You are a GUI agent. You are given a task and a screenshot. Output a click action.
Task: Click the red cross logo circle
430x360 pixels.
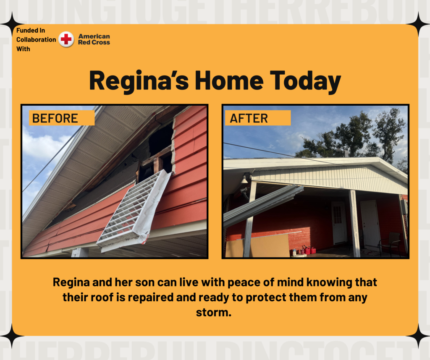66,39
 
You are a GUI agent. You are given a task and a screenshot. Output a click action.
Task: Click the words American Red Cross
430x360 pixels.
94,39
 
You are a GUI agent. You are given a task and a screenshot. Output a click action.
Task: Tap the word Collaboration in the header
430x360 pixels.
36,40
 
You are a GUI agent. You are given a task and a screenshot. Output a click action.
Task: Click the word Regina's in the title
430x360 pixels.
139,81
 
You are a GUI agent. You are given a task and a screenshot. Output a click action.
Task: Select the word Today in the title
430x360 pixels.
306,81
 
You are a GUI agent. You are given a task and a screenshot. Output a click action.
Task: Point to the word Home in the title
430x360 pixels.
229,81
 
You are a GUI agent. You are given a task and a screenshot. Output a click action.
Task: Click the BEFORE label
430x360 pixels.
62,118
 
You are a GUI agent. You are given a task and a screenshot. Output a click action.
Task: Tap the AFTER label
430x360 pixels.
258,118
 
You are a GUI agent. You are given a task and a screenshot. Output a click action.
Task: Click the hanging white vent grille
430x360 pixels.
135,211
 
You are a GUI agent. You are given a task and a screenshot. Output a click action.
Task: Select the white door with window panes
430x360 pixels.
339,223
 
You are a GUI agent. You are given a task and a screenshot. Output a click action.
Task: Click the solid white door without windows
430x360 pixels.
370,224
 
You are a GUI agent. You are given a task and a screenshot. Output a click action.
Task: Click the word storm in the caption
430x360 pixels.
214,312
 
